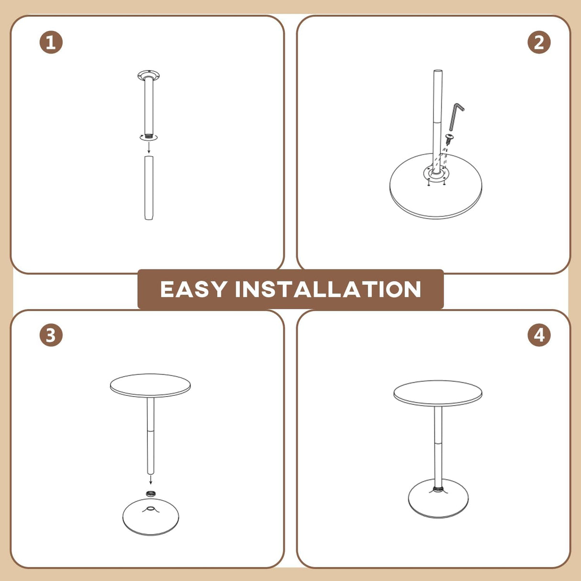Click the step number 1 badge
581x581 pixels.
click(51, 42)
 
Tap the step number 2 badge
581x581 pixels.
click(539, 42)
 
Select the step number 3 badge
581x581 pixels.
click(51, 335)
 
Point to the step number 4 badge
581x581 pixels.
click(539, 335)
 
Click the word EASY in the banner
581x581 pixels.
click(193, 290)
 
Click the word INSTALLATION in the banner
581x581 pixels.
click(328, 290)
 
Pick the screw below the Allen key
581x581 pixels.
click(449, 139)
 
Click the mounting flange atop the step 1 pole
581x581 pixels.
click(148, 75)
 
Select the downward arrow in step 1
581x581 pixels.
click(149, 148)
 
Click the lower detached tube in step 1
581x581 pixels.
click(149, 188)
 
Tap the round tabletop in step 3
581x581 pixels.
click(150, 385)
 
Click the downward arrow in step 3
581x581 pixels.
click(151, 479)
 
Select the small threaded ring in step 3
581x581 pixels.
click(151, 493)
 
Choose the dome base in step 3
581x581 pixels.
click(151, 519)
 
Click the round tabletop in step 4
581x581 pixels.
click(437, 393)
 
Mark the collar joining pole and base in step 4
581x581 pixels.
click(437, 489)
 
